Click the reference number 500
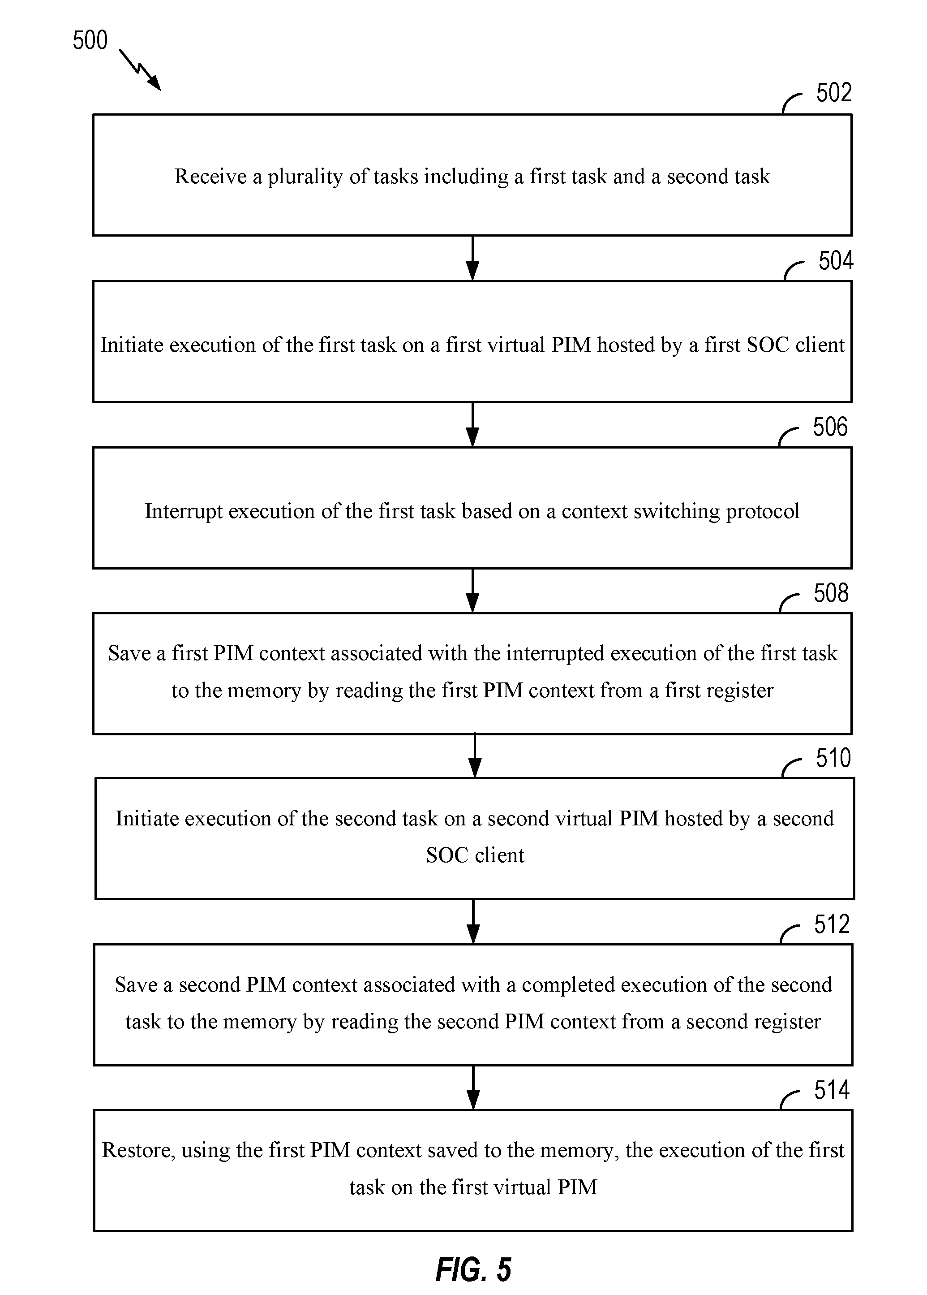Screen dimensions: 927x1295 coord(90,40)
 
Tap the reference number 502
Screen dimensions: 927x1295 coord(834,92)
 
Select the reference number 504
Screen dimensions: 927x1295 coord(836,260)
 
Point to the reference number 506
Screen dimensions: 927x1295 coord(831,427)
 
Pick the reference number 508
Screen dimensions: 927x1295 coord(831,593)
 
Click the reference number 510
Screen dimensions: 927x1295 coord(833,758)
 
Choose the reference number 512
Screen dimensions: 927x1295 coord(832,924)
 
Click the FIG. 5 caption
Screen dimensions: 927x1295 coord(473,1269)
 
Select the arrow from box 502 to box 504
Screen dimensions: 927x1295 coord(472,258)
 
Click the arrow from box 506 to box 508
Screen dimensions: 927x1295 coord(472,591)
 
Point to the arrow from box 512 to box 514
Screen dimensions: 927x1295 coord(473,1088)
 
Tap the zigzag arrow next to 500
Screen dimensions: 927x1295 coord(141,69)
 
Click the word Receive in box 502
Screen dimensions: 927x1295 coord(210,177)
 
